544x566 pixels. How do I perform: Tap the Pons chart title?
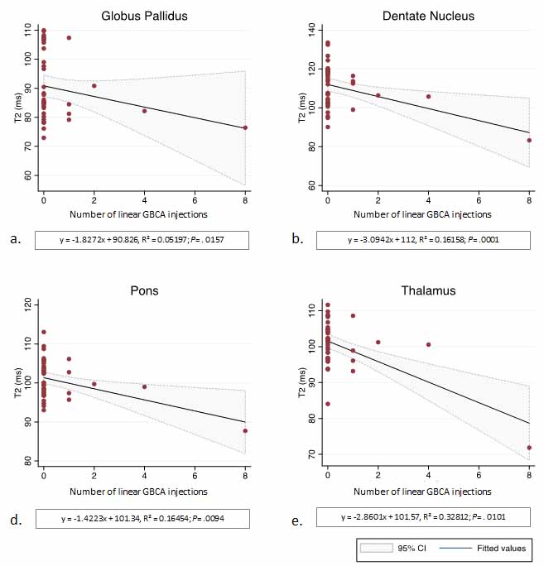click(x=143, y=291)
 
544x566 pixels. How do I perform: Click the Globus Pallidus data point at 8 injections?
click(x=245, y=127)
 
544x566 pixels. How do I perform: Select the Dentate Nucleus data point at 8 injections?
click(x=529, y=140)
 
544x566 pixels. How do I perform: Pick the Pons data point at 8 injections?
click(x=245, y=430)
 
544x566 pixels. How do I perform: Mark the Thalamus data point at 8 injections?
click(x=529, y=448)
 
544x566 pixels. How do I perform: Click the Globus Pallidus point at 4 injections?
click(x=144, y=111)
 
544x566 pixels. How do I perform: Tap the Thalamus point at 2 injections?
click(x=378, y=342)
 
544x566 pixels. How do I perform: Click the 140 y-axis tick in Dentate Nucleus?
click(x=312, y=29)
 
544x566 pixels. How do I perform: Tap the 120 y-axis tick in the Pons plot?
click(x=28, y=306)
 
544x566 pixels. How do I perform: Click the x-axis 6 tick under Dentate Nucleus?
click(x=479, y=201)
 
